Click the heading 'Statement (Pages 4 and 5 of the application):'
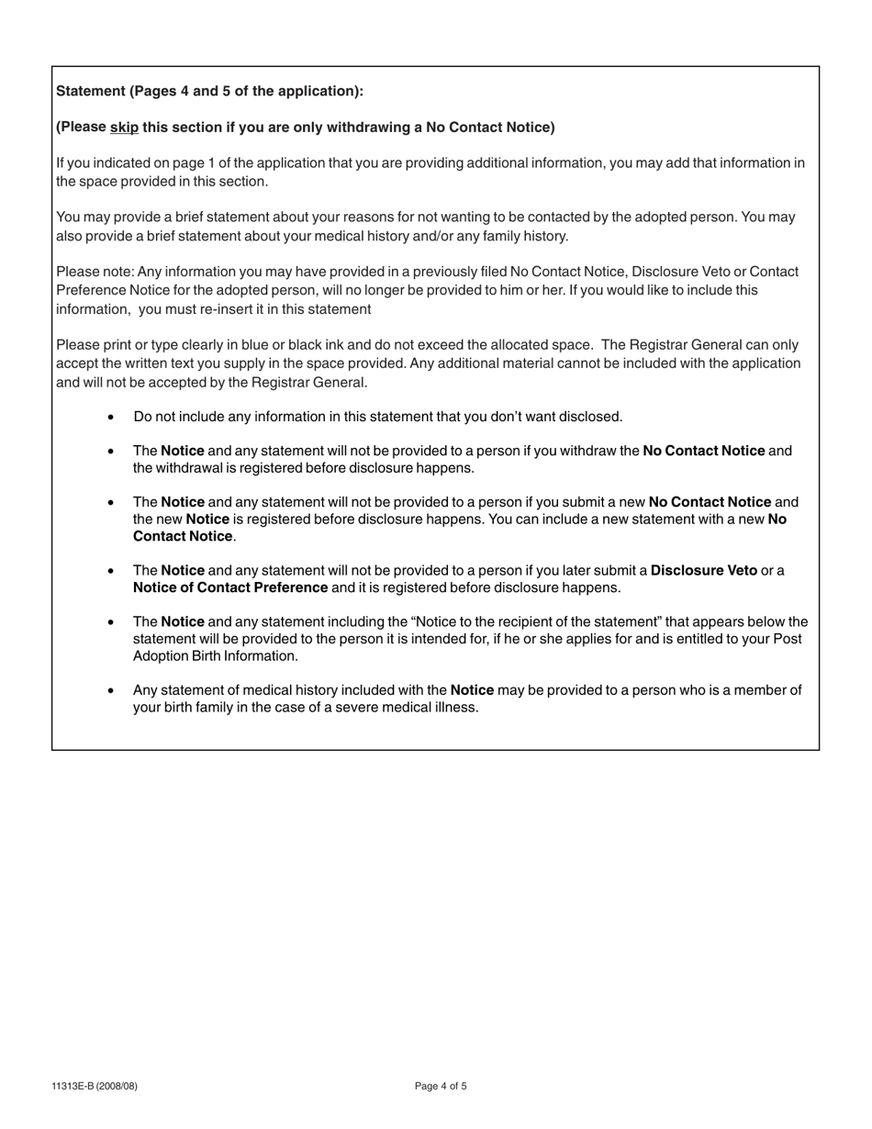209,91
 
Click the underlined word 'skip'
124,127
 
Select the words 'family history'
525,236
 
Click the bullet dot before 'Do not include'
111,417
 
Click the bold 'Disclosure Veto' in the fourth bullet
703,570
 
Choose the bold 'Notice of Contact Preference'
230,587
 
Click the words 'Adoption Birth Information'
215,656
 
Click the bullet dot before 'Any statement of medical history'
111,690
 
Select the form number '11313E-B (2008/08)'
95,1087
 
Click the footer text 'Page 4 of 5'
441,1087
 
